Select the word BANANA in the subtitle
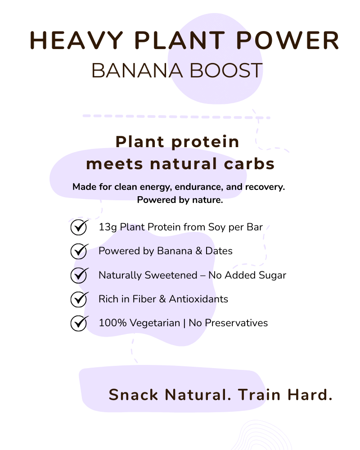[x=137, y=70]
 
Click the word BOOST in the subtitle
[x=226, y=70]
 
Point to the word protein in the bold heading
[x=205, y=142]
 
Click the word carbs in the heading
[x=249, y=164]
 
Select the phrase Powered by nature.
[x=180, y=200]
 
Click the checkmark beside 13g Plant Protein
[x=79, y=227]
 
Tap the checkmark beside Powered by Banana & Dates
[x=79, y=251]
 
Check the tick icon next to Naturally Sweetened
[x=79, y=275]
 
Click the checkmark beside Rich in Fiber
[x=79, y=299]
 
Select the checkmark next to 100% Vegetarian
[x=79, y=323]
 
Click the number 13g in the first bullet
[x=108, y=227]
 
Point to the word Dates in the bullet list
[x=219, y=251]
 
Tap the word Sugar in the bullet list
[x=272, y=275]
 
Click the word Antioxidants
[x=198, y=299]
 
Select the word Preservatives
[x=236, y=323]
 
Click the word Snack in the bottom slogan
[x=134, y=395]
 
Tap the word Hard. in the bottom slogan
[x=310, y=395]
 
